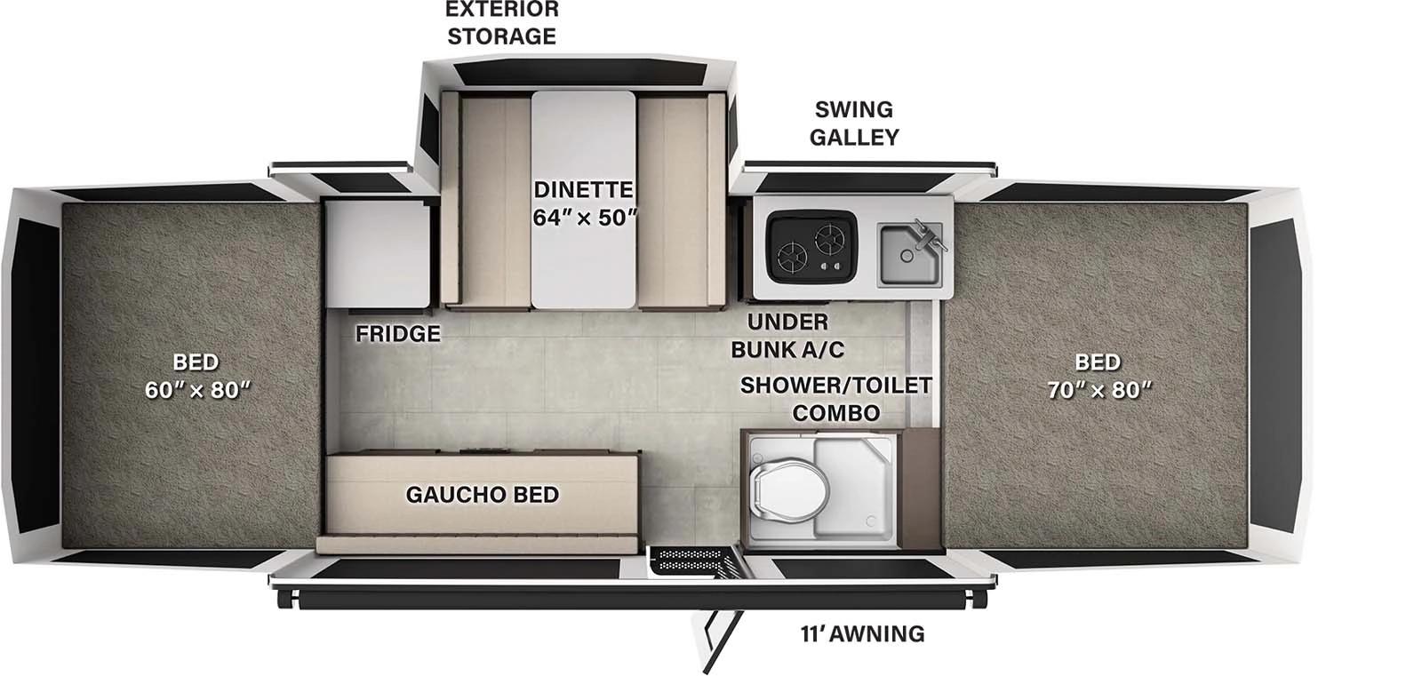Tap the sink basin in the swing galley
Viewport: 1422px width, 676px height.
coord(908,255)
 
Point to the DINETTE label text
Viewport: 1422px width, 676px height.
coord(583,189)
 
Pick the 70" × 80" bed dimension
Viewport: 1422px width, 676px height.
coord(1099,390)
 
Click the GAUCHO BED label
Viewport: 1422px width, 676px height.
coord(482,495)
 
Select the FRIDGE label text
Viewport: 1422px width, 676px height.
coord(397,334)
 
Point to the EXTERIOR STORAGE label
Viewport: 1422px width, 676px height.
coord(501,23)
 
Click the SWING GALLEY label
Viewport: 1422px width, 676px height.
coord(854,123)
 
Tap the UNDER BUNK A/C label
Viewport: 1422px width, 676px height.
coord(787,336)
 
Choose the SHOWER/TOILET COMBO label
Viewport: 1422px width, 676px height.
coord(835,399)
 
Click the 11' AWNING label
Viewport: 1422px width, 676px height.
coord(862,633)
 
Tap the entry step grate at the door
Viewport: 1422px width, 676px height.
coord(692,559)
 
